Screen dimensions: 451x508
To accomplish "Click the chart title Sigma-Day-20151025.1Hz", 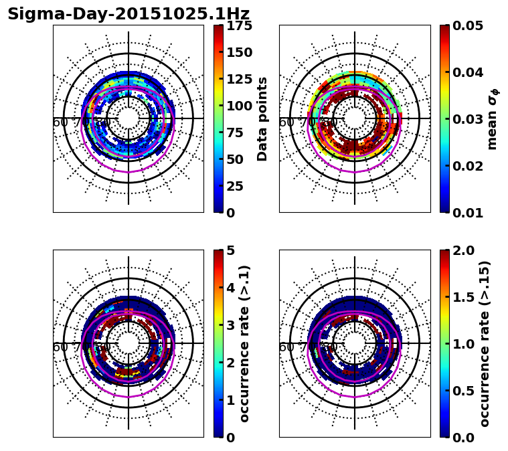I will tap(129, 14).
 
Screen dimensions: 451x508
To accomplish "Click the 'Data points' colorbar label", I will tap(262, 119).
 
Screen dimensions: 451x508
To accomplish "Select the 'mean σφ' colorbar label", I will tap(493, 119).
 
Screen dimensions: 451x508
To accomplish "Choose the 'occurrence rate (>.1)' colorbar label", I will tap(244, 344).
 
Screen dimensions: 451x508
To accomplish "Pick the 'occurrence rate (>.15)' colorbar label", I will tap(485, 344).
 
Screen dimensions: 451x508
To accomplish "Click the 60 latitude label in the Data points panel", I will tap(60, 122).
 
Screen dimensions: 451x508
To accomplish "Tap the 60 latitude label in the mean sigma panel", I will tap(286, 122).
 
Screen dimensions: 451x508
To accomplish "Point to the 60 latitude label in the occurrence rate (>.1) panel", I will tap(60, 347).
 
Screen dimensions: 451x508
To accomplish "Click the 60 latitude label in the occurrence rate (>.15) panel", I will tap(286, 347).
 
